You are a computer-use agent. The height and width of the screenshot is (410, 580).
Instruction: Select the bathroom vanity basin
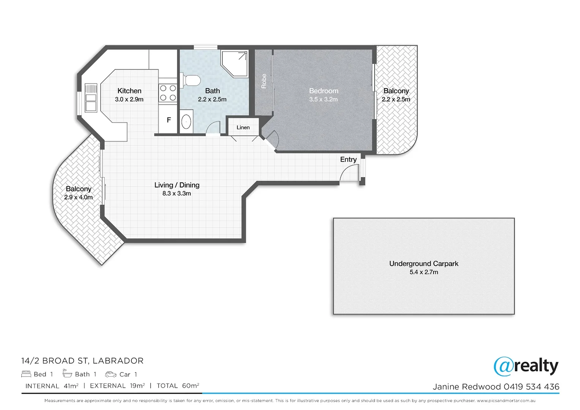[x=186, y=121]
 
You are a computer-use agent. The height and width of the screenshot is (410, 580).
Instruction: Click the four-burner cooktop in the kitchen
[x=168, y=93]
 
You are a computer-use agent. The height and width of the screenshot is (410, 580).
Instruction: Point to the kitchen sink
[x=91, y=98]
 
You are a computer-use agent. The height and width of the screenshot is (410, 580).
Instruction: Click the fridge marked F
[x=169, y=120]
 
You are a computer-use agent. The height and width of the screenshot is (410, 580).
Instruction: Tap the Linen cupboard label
[x=243, y=128]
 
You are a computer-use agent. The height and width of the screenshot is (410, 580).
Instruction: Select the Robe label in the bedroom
[x=264, y=81]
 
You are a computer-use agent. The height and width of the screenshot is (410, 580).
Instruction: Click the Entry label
[x=348, y=159]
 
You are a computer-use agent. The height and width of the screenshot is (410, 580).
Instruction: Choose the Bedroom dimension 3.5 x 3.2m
[x=323, y=99]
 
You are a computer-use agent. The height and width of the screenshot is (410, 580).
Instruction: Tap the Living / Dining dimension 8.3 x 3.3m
[x=177, y=194]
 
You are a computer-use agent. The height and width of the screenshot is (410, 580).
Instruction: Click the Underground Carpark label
[x=424, y=264]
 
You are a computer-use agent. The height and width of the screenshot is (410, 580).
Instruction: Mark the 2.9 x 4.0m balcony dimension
[x=79, y=197]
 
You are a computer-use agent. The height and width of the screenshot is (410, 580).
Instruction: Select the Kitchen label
[x=129, y=91]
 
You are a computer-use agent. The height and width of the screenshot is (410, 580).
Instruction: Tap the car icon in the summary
[x=110, y=374]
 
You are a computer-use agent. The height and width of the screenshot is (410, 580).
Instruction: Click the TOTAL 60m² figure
[x=178, y=386]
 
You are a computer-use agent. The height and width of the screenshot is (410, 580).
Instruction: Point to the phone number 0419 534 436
[x=531, y=387]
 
